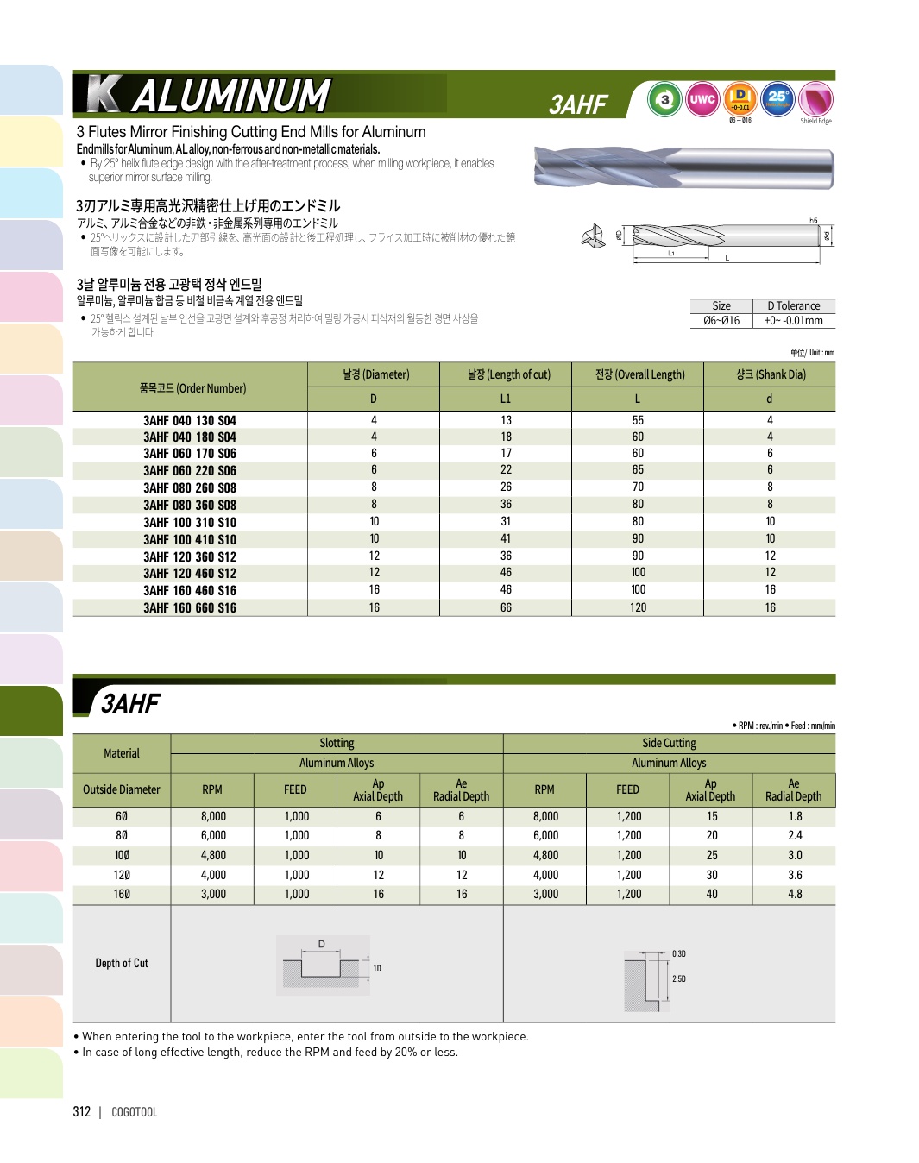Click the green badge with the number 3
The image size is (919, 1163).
[664, 100]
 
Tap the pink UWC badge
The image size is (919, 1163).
[702, 100]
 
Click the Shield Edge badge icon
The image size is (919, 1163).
[815, 100]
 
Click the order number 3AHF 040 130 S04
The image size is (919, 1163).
[190, 421]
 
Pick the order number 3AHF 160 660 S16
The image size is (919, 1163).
[190, 608]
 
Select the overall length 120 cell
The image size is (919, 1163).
[638, 608]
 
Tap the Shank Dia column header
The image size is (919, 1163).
[770, 374]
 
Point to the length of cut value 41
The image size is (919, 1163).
[506, 539]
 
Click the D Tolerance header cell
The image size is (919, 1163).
[793, 306]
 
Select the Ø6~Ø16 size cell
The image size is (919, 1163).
[721, 321]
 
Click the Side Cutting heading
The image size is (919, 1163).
[669, 743]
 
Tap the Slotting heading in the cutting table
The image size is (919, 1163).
[337, 743]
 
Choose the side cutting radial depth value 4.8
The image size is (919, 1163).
[795, 895]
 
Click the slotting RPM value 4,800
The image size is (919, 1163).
[213, 856]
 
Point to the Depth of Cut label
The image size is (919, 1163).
[122, 964]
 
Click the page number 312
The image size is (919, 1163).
[82, 1112]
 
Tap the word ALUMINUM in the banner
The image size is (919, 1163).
[231, 96]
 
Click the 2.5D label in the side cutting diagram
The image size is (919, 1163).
[679, 979]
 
